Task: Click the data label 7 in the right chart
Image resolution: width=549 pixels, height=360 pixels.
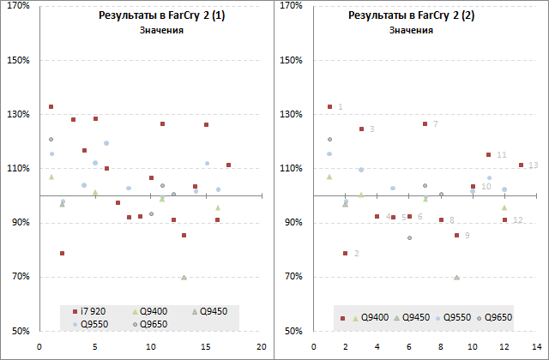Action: (436, 124)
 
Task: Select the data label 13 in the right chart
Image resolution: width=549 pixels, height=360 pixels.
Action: (533, 165)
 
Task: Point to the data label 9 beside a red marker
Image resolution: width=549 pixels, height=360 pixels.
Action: (467, 235)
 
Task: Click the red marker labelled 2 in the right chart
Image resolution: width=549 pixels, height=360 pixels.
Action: (345, 254)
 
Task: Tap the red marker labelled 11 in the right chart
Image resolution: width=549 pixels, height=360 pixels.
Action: (488, 155)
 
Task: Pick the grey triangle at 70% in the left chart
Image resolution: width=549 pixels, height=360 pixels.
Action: (184, 277)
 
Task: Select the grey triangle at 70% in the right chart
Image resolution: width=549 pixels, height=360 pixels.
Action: (456, 277)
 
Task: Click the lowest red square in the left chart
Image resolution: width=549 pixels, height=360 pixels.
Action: (62, 254)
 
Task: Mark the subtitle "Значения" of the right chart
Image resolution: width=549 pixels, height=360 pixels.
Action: (411, 31)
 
